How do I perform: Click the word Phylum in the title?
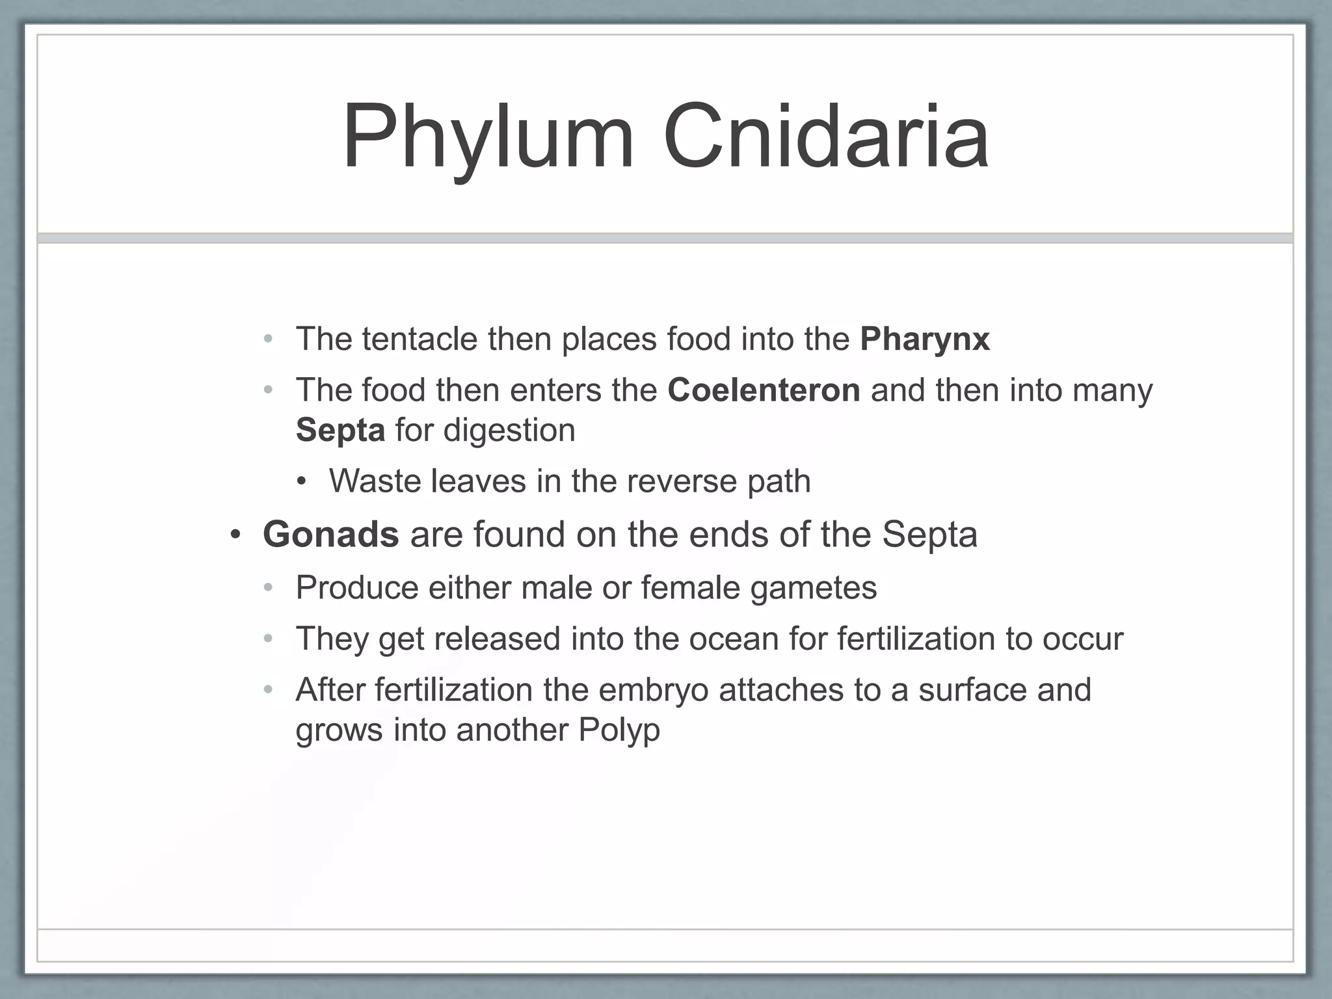pyautogui.click(x=488, y=137)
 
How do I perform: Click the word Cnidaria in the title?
pyautogui.click(x=826, y=137)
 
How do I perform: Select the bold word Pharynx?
pyautogui.click(x=924, y=339)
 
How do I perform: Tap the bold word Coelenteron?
pyautogui.click(x=764, y=390)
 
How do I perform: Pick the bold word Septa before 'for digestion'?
pyautogui.click(x=340, y=431)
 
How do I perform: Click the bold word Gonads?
pyautogui.click(x=330, y=535)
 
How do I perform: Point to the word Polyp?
pyautogui.click(x=619, y=730)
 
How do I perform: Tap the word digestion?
pyautogui.click(x=509, y=431)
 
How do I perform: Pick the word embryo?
pyautogui.click(x=653, y=690)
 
